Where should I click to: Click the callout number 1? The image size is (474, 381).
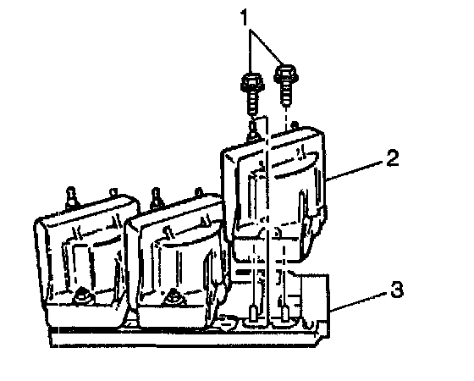pyautogui.click(x=244, y=18)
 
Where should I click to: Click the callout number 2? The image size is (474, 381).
pyautogui.click(x=393, y=158)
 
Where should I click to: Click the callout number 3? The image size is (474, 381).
pyautogui.click(x=397, y=290)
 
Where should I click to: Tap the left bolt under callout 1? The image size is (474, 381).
pyautogui.click(x=253, y=93)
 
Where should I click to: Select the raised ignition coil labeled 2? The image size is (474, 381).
pyautogui.click(x=275, y=194)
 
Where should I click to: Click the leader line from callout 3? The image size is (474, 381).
pyautogui.click(x=359, y=301)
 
